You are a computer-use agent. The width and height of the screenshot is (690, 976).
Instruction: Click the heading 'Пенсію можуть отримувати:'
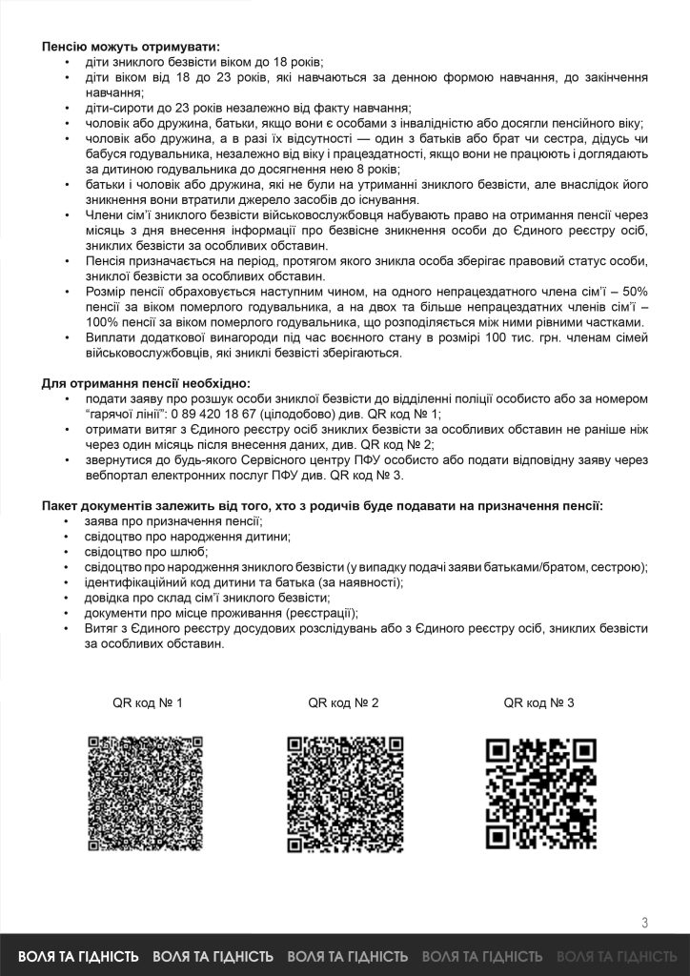(130, 45)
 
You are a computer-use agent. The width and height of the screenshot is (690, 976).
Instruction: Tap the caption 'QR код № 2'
(344, 703)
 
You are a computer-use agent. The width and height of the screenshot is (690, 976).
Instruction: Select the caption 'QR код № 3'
(539, 703)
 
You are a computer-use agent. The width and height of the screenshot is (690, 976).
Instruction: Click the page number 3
(645, 922)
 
